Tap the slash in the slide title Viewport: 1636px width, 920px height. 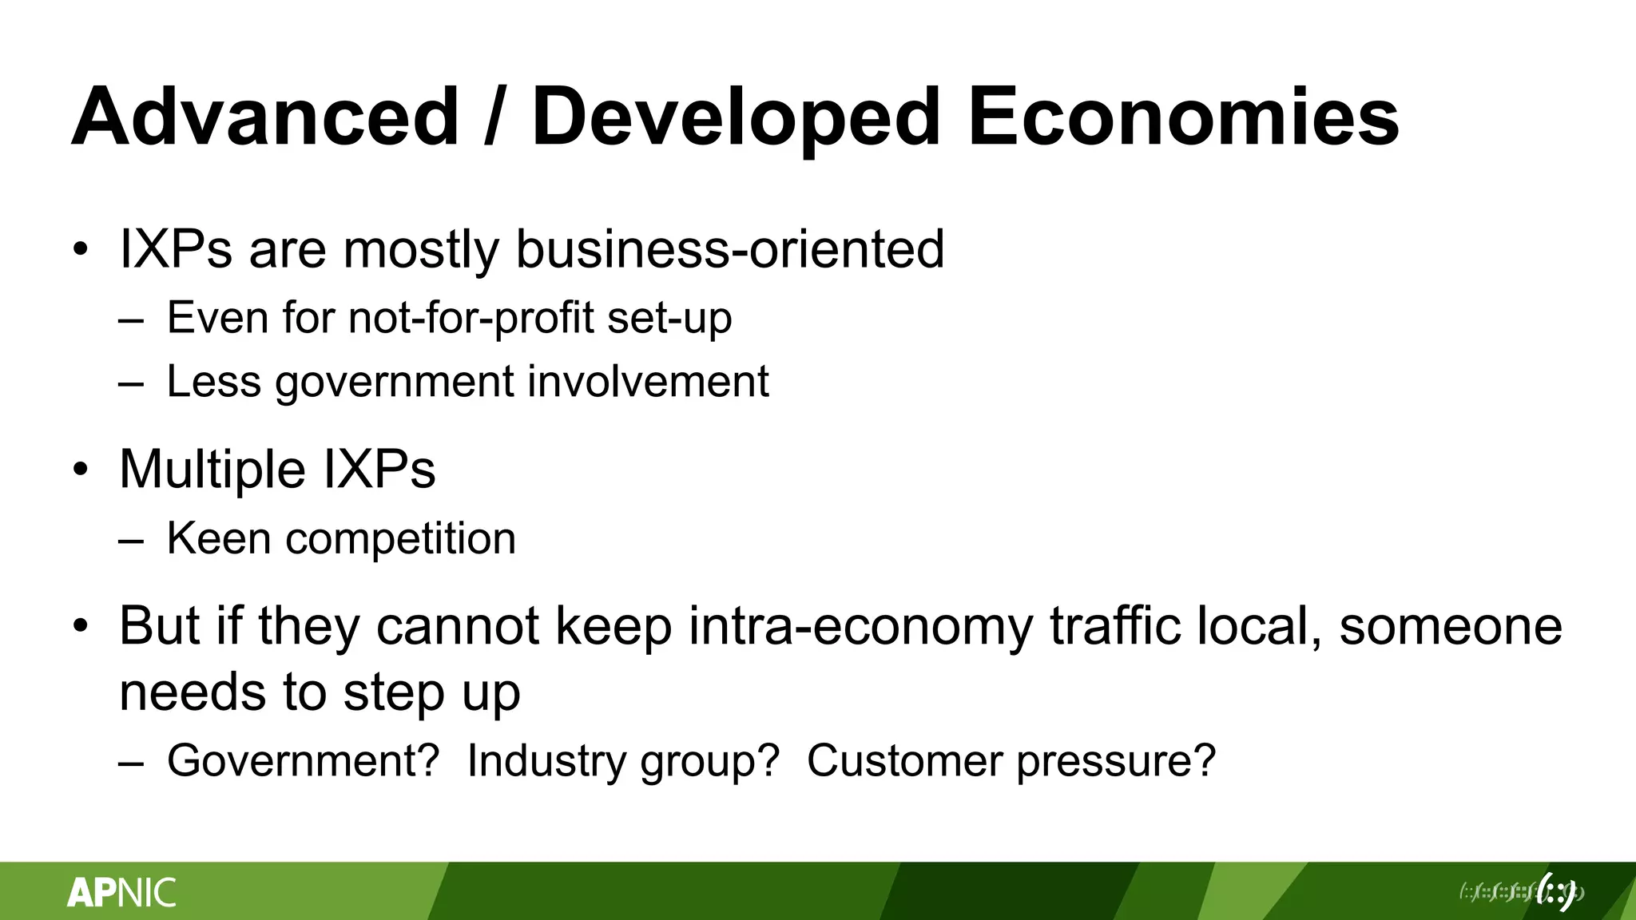tap(495, 117)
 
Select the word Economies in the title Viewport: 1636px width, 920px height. tap(1183, 117)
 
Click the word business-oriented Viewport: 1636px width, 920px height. tap(730, 249)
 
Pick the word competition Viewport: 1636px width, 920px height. tap(401, 539)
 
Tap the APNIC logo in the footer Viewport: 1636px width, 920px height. tap(121, 892)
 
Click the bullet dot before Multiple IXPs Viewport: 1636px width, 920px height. tap(80, 470)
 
